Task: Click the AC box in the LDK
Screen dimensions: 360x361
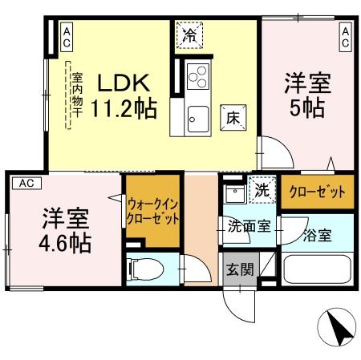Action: pos(67,35)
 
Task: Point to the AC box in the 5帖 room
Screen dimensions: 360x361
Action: pos(345,35)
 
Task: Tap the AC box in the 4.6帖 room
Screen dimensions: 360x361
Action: pos(26,182)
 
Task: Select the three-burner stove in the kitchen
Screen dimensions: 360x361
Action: pos(197,77)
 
